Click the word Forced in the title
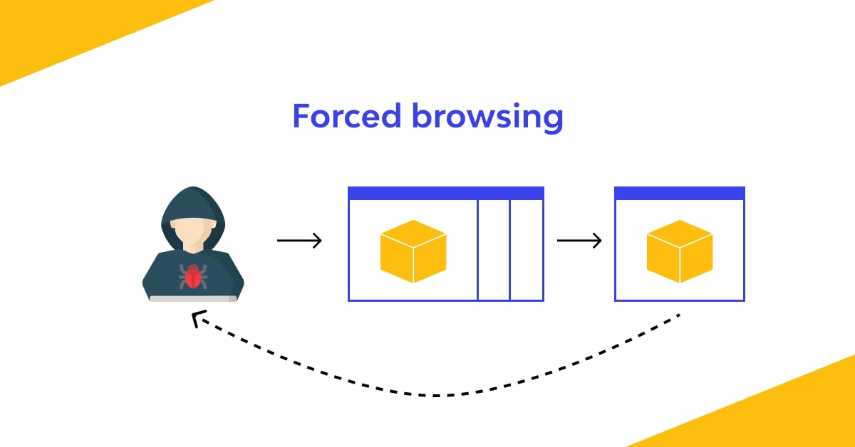pyautogui.click(x=347, y=116)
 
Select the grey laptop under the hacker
pyautogui.click(x=193, y=299)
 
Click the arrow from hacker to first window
pyautogui.click(x=299, y=241)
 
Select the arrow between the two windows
pyautogui.click(x=579, y=241)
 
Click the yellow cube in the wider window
pyautogui.click(x=413, y=251)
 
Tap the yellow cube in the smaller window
pyautogui.click(x=680, y=251)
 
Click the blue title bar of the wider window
pyautogui.click(x=446, y=193)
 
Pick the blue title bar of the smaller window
pyautogui.click(x=680, y=193)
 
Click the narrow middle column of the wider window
pyautogui.click(x=494, y=249)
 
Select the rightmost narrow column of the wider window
pyautogui.click(x=527, y=249)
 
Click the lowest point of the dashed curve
pyautogui.click(x=435, y=395)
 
